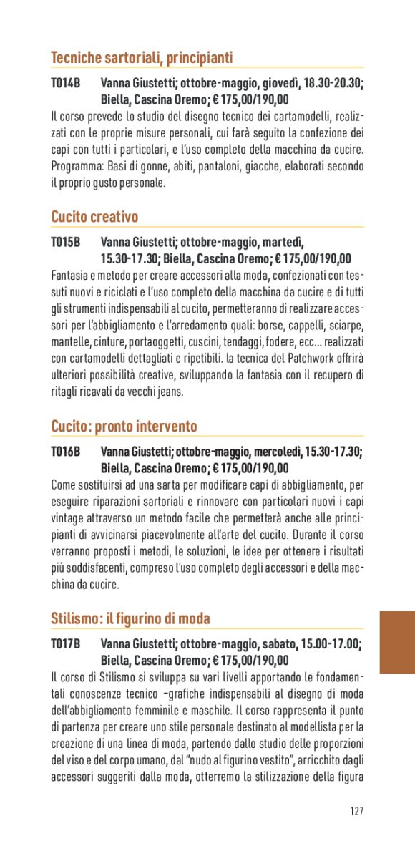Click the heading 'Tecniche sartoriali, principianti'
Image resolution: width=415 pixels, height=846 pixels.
[142, 58]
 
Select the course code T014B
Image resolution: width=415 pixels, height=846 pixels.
[65, 84]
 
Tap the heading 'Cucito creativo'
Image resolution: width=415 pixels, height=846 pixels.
[94, 217]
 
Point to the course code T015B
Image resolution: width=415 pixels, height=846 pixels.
[65, 243]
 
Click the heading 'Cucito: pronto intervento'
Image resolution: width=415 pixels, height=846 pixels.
[124, 427]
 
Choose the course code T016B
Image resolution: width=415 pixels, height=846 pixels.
[65, 452]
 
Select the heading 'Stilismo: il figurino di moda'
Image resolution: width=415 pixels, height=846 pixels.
[130, 618]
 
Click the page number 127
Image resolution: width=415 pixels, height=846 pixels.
[357, 810]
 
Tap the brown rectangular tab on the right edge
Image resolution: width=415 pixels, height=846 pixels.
[397, 642]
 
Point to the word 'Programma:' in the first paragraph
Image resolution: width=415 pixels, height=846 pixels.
[76, 167]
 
